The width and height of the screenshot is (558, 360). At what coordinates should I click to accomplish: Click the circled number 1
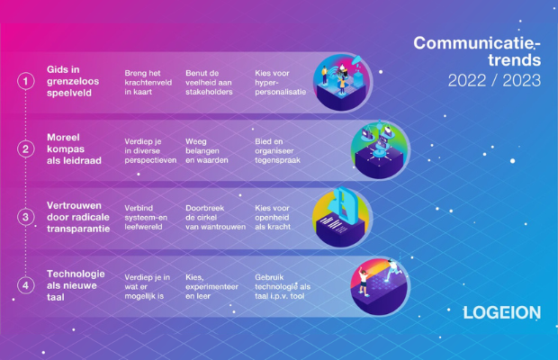26,81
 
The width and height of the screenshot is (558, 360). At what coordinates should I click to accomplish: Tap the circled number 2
26,149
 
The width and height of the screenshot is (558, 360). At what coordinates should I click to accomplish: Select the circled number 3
26,217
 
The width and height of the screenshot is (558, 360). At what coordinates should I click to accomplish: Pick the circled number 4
26,285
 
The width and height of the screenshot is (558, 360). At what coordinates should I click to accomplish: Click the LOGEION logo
502,312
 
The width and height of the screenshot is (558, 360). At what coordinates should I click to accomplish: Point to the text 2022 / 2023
494,80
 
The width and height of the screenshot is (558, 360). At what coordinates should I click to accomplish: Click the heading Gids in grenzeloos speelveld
73,81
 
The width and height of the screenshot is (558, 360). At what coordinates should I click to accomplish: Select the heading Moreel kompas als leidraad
74,149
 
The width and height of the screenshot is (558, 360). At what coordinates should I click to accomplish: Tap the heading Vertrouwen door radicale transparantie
78,217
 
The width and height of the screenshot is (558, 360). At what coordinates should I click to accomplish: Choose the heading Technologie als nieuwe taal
76,285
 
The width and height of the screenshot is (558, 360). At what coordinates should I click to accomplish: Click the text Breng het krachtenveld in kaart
148,83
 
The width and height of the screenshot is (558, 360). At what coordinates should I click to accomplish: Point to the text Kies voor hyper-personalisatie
281,83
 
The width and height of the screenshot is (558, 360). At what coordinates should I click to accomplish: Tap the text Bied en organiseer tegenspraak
277,151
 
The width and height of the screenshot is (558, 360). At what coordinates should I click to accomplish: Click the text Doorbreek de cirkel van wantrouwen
215,218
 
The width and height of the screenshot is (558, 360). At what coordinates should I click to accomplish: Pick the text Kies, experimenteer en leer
211,287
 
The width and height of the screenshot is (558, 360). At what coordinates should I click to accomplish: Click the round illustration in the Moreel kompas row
380,149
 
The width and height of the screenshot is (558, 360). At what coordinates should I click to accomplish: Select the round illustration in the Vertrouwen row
342,218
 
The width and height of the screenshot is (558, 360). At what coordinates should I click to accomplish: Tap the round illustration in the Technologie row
380,286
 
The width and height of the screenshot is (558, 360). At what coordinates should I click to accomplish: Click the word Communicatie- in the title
477,43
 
